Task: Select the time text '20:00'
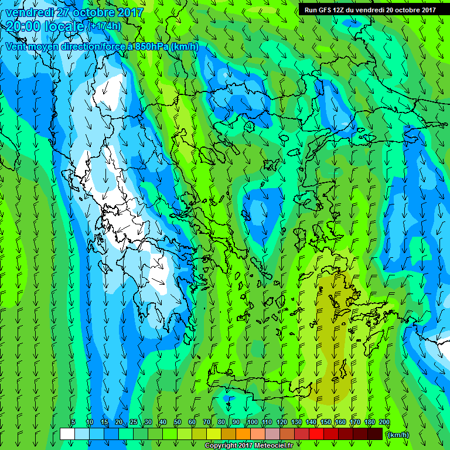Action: pyautogui.click(x=22, y=26)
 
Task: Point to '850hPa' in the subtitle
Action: pyautogui.click(x=151, y=46)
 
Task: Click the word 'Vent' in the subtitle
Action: pyautogui.click(x=16, y=46)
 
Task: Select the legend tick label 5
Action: pyautogui.click(x=73, y=422)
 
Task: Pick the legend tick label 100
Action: pyautogui.click(x=253, y=422)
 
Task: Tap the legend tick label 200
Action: pyautogui.click(x=384, y=422)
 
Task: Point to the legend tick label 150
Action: pyautogui.click(x=326, y=422)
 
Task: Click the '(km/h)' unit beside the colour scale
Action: pyautogui.click(x=398, y=434)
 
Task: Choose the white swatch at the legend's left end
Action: pyautogui.click(x=67, y=434)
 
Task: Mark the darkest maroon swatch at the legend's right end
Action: pyautogui.click(x=375, y=434)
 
